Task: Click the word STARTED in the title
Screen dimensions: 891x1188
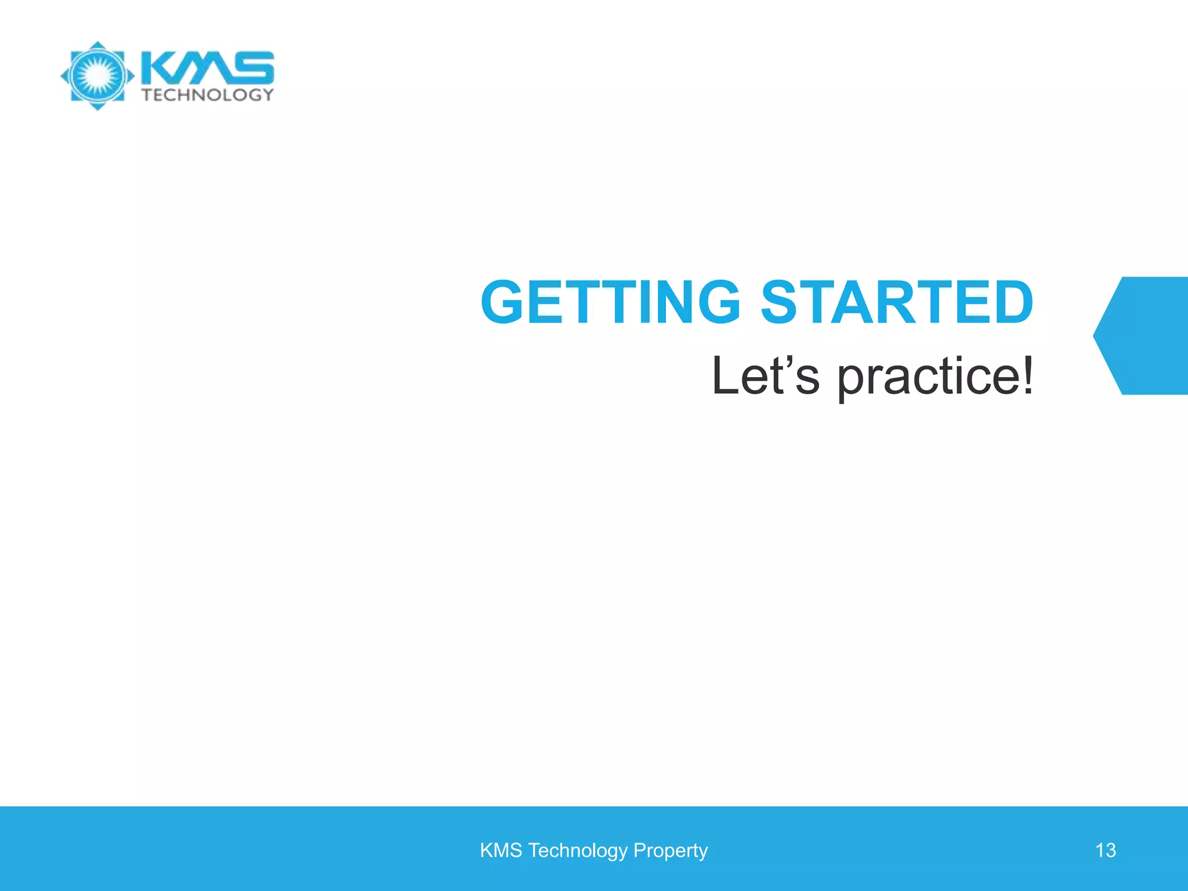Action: (x=896, y=302)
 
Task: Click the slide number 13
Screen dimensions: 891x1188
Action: (x=1105, y=850)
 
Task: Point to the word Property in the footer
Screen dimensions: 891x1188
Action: (x=670, y=850)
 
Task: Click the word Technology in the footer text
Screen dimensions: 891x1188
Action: (x=577, y=850)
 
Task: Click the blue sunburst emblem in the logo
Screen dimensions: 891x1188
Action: (x=97, y=75)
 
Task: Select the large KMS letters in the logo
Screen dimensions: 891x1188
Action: (x=207, y=68)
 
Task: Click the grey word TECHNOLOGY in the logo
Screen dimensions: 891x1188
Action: (x=207, y=95)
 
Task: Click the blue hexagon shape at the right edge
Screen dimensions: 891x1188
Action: (x=1146, y=336)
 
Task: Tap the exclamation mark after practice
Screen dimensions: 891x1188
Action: (x=1027, y=376)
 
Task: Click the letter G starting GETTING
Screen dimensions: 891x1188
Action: (x=504, y=302)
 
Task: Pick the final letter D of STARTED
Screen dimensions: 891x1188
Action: (x=1011, y=302)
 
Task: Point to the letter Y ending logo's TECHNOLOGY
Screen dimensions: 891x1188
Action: (x=267, y=95)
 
